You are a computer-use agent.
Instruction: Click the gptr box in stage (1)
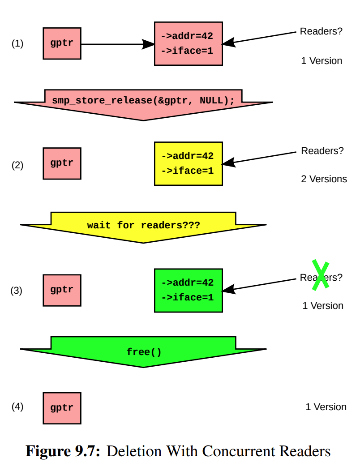pos(62,43)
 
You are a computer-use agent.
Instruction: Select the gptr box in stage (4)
pos(62,408)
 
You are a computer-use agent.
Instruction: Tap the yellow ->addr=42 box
pos(188,163)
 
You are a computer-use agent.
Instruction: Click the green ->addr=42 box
pos(188,290)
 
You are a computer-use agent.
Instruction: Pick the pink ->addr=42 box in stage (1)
pos(188,43)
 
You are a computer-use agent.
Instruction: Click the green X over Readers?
pos(321,275)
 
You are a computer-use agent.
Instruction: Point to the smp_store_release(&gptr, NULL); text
pos(143,100)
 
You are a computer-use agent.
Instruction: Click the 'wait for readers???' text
pos(143,225)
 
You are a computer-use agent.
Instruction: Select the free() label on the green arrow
pos(144,352)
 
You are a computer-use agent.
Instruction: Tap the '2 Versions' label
pos(324,179)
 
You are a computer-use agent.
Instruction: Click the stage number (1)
pos(17,43)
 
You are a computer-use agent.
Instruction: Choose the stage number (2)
pos(17,165)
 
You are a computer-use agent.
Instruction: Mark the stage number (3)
pos(17,291)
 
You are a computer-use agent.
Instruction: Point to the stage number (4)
pos(17,407)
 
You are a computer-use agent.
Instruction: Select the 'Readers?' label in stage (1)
pos(321,31)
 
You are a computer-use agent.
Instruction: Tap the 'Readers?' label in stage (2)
pos(322,151)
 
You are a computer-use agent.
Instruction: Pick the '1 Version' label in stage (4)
pos(326,407)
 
